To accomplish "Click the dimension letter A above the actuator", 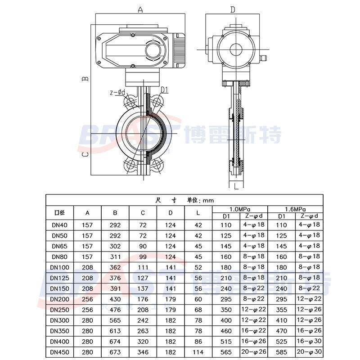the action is tap(140, 9).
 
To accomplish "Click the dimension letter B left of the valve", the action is tap(85, 78).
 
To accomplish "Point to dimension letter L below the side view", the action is tap(236, 186).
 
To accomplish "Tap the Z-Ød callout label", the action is tap(117, 93).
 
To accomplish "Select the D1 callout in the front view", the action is tap(164, 90).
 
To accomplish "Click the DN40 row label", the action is tap(59, 225).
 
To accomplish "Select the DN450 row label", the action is tap(59, 352).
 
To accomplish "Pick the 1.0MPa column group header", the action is tap(240, 209).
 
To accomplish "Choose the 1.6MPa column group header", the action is tap(295, 209).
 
